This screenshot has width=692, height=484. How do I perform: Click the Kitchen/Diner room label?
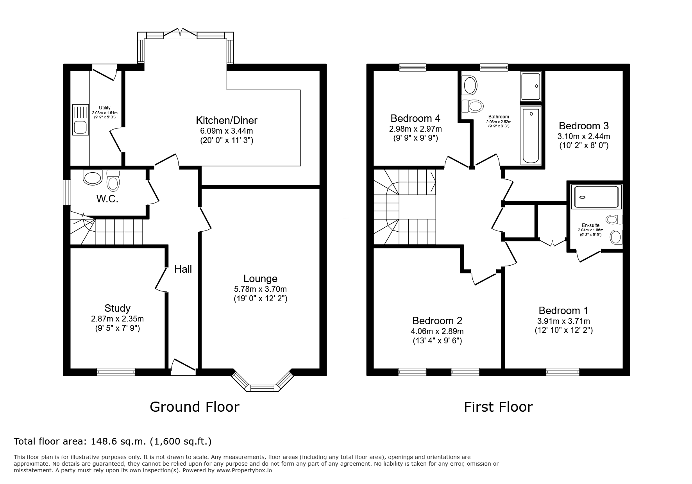click(227, 120)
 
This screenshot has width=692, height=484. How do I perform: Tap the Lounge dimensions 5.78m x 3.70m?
click(260, 289)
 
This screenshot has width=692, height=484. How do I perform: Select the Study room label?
click(117, 309)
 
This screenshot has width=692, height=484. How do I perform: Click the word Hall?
click(183, 269)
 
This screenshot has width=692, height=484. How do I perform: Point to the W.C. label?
click(107, 199)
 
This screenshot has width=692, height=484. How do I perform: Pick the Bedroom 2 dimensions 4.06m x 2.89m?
click(437, 331)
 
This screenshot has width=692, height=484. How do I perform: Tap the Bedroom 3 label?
click(583, 126)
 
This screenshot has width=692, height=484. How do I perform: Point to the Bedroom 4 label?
click(415, 118)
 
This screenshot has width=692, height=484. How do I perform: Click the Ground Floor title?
click(195, 407)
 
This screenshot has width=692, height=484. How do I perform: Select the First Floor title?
click(498, 407)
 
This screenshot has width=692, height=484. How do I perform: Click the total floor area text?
click(113, 441)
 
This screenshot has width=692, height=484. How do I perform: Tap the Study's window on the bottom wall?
click(116, 372)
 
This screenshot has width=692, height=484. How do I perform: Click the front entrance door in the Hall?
click(183, 367)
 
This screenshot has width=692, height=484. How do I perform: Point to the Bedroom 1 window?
click(563, 372)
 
